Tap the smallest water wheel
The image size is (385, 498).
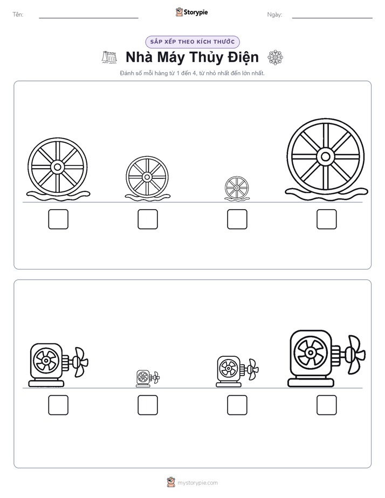coord(237,188)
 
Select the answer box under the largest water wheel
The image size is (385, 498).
coord(326,219)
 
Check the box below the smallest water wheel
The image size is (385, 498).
coord(237,219)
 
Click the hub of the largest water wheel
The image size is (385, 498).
coord(325,157)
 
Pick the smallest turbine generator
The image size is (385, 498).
coord(148,378)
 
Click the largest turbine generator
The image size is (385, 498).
coord(327,358)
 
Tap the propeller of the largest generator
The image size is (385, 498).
coord(355,354)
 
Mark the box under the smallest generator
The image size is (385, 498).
coord(148,405)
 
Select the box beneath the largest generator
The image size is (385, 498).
coord(326,405)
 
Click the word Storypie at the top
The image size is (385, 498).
coord(196,12)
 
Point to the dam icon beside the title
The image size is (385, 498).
coord(109,57)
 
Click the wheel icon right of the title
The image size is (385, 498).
coord(275,58)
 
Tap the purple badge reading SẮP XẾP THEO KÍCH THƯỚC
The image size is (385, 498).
coord(192,42)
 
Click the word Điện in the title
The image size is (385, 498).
coord(243,58)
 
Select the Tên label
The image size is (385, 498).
coord(18,15)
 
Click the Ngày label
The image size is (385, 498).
coord(274,15)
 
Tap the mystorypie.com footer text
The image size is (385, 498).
coord(197,483)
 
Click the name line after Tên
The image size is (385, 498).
coord(88,18)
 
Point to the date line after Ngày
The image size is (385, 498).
coord(332,18)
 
